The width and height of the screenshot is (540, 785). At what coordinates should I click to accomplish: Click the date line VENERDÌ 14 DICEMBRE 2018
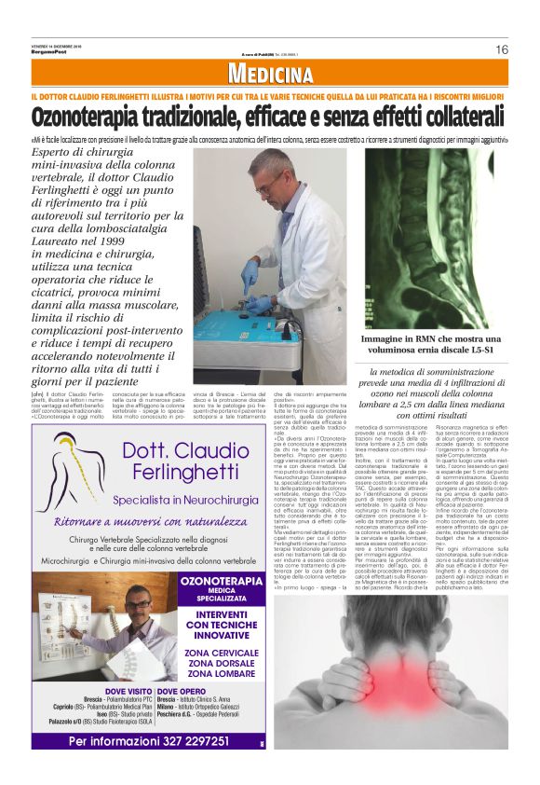coord(58,43)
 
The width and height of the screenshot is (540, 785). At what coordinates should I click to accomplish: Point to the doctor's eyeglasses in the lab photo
coord(265,186)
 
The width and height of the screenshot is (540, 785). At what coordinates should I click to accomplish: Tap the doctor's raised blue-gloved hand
coord(250,274)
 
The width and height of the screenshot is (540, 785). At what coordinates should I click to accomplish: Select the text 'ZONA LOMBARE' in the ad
coord(222,672)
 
